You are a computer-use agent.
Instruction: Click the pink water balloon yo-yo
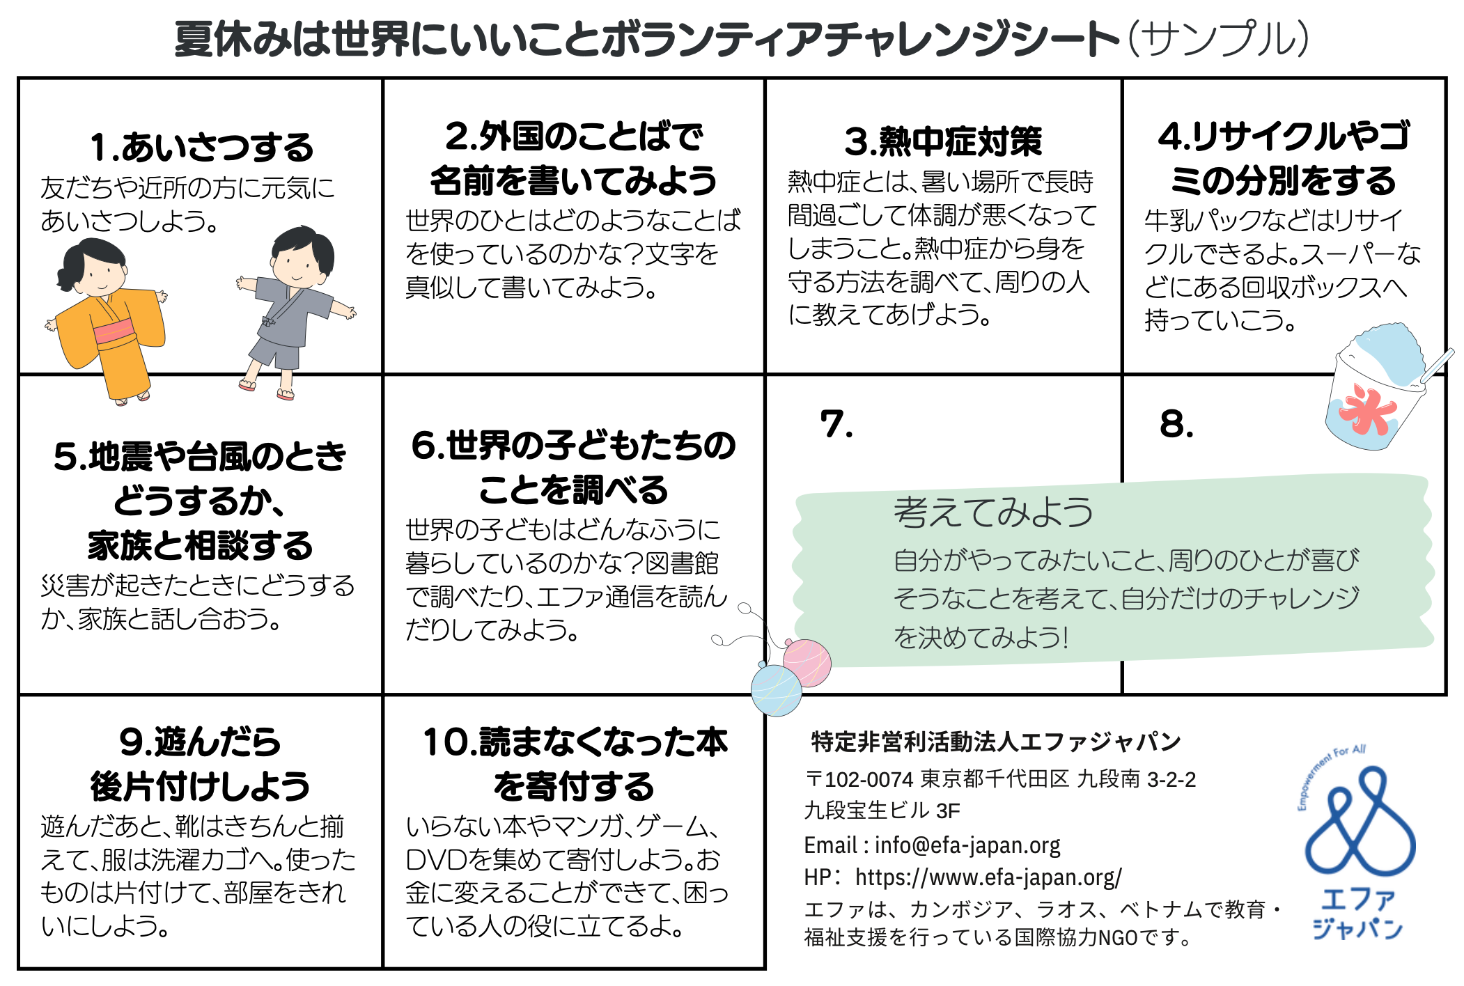[807, 662]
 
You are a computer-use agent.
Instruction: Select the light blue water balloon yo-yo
[776, 690]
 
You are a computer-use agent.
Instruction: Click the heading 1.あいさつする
[202, 147]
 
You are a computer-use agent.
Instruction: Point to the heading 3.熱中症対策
[943, 141]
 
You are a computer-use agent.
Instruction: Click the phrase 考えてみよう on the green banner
[993, 512]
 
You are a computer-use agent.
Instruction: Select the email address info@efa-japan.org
[967, 845]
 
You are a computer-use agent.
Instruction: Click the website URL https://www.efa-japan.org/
[988, 877]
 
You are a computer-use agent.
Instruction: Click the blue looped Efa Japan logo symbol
[1360, 822]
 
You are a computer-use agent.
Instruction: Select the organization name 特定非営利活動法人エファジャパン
[996, 742]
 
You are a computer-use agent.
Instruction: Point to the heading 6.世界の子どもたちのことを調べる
[573, 467]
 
